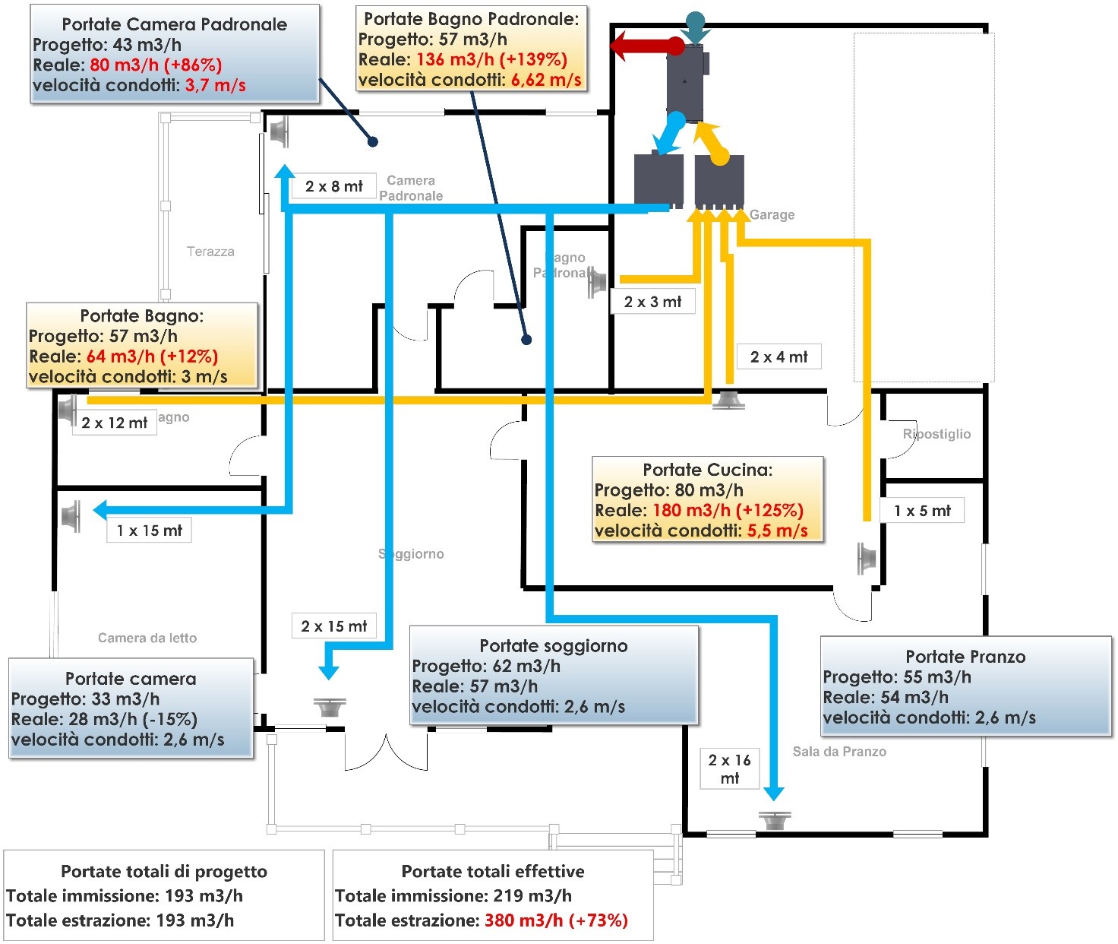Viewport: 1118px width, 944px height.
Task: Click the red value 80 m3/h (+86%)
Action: coord(156,65)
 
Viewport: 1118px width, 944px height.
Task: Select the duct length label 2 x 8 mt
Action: coord(334,186)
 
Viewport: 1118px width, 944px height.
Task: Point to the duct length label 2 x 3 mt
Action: coord(652,302)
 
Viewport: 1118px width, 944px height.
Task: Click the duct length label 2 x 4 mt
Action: coord(778,356)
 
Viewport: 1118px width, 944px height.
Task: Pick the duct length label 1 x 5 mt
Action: coord(922,511)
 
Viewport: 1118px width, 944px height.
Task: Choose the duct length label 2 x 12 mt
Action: coord(115,423)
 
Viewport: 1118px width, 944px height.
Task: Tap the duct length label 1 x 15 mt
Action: coord(150,531)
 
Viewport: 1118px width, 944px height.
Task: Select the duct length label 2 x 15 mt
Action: coord(334,626)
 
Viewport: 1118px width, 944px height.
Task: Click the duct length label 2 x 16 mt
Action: coord(729,769)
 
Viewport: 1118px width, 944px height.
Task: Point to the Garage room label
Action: coord(772,215)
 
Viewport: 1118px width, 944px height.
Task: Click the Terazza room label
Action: coord(210,252)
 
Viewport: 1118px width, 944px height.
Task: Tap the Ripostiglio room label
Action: coord(936,434)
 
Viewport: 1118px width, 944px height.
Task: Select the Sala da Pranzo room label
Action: coord(839,752)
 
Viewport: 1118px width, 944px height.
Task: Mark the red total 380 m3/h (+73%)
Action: coord(556,920)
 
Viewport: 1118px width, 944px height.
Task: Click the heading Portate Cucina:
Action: coord(707,470)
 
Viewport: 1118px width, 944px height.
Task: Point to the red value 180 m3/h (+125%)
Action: coord(728,510)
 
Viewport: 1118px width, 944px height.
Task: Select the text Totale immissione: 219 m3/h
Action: coord(453,896)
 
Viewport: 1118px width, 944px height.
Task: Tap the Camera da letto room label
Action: coord(147,638)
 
